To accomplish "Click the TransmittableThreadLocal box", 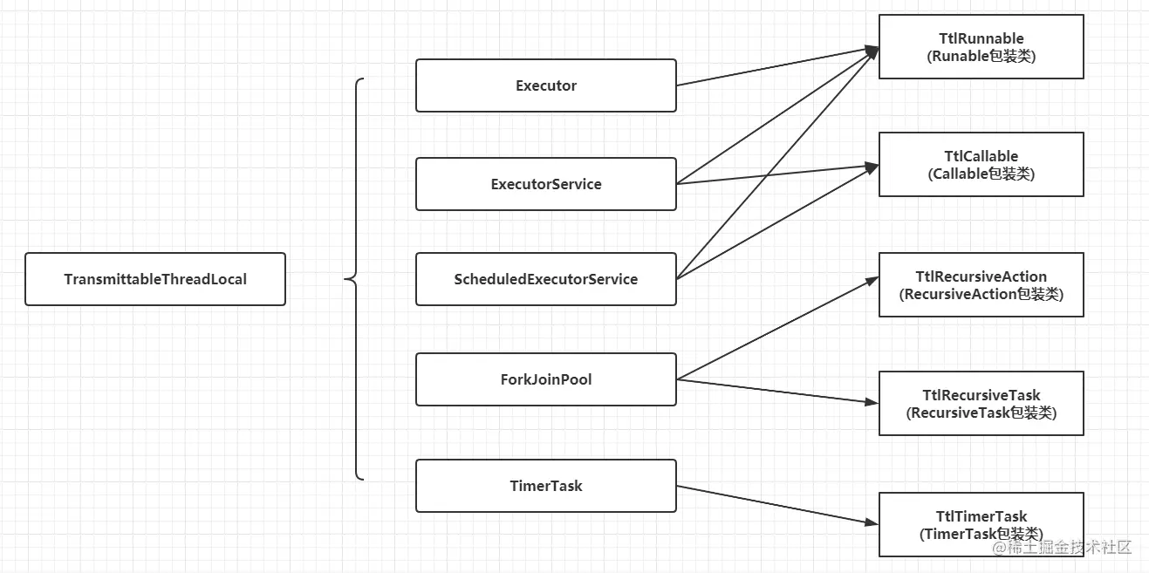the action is (155, 279).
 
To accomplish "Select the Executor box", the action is (546, 85).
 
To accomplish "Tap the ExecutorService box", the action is (546, 184).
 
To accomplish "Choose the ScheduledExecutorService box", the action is (546, 279).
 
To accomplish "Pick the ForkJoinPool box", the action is (546, 379).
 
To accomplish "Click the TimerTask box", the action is (546, 486).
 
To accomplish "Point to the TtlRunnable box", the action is (981, 47).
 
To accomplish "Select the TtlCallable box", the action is (981, 165).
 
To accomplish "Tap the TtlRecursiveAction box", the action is (981, 284).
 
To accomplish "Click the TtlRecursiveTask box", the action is (981, 404).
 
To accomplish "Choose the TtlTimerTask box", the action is (981, 525).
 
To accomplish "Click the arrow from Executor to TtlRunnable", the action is (777, 66).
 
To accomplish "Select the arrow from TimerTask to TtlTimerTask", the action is (777, 505).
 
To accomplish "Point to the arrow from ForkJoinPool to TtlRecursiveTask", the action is (777, 392).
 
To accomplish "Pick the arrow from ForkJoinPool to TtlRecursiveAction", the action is (777, 329).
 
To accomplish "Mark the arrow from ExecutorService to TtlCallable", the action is (777, 174).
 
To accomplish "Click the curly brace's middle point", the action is (345, 279).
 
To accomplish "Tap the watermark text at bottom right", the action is (1062, 548).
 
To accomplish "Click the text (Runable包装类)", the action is (981, 56).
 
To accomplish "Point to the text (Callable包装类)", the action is (981, 174).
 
